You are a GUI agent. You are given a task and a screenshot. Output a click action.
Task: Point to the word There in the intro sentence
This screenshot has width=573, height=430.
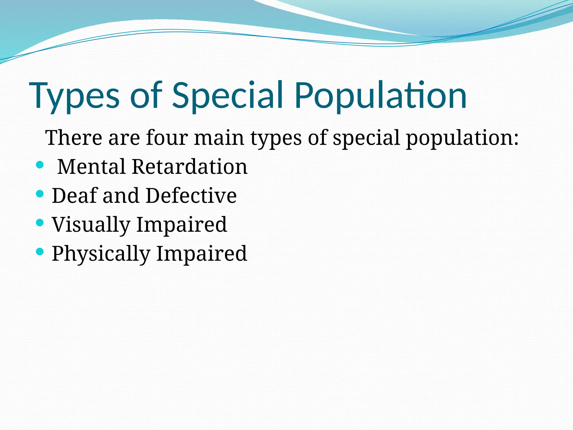point(74,138)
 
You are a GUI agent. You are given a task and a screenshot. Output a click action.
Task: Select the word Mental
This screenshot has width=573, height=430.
point(91,167)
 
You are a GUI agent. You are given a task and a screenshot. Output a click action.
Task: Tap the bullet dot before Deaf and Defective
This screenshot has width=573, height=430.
point(40,194)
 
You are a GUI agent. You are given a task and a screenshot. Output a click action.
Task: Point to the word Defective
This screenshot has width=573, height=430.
point(191,195)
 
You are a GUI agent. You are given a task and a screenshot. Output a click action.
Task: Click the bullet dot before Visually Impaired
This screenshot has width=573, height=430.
point(40,223)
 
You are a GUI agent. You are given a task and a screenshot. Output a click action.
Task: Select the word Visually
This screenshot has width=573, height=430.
point(91,225)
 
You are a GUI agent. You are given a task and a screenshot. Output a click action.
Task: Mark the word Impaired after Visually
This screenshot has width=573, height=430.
point(182,225)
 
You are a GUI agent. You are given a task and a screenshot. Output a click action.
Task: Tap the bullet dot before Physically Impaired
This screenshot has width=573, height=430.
point(40,251)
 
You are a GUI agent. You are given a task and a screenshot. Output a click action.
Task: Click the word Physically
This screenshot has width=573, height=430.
point(101,254)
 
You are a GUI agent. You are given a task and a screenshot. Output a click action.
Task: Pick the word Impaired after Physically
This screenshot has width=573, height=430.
point(201,254)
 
